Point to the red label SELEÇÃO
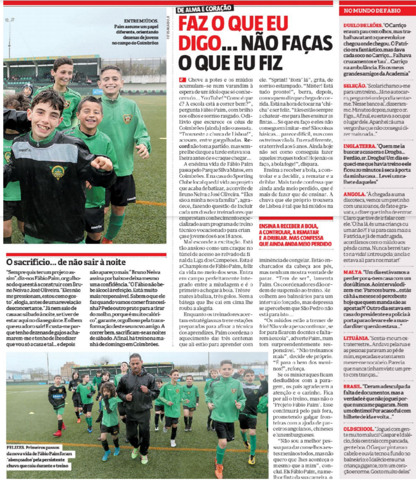click(354, 86)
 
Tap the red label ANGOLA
click(353, 194)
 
